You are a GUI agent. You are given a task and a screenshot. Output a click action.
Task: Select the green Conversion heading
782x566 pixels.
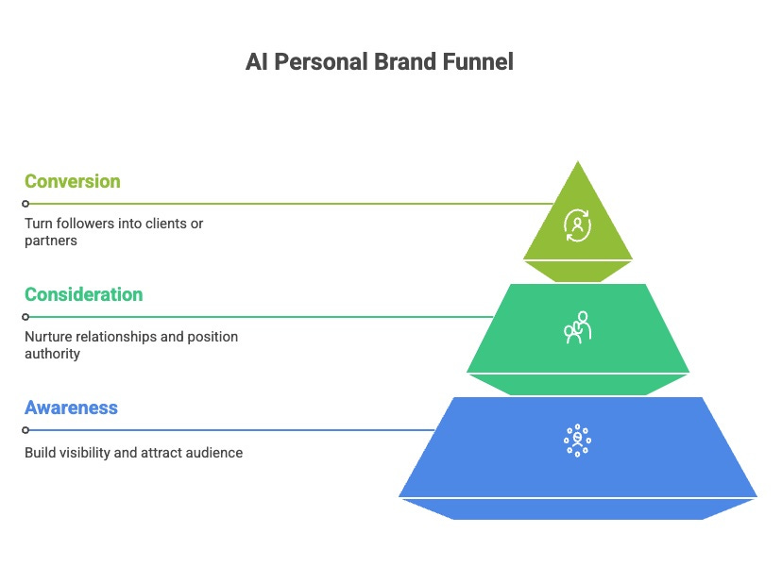coord(72,181)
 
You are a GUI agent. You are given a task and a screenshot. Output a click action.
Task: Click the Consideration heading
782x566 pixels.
coord(84,294)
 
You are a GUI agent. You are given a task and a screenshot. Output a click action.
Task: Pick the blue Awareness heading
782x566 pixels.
coord(71,408)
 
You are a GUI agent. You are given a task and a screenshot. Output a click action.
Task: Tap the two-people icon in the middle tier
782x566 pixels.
coord(577,327)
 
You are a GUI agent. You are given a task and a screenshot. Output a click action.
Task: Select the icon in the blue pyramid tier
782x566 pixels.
coord(576,441)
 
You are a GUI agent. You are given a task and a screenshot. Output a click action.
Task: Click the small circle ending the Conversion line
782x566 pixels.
coord(25,204)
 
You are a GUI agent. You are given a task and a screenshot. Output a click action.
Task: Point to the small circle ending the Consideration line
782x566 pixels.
coord(25,317)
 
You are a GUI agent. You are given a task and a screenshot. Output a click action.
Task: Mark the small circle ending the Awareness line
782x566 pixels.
coord(25,430)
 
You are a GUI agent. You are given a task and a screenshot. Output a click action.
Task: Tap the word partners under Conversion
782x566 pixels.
coord(50,241)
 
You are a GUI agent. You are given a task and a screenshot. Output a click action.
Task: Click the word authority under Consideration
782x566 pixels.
coord(52,354)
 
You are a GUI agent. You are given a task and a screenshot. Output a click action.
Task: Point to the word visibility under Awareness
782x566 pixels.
coord(86,453)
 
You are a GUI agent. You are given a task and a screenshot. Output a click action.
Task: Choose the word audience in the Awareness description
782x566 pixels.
coord(214,453)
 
